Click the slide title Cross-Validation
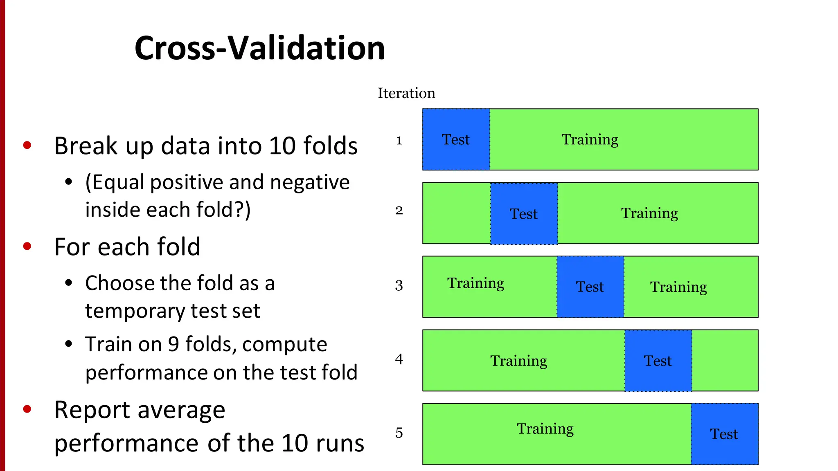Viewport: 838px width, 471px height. (x=259, y=48)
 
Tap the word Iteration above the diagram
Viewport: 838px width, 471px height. (x=406, y=93)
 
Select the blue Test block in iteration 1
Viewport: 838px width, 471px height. (x=456, y=139)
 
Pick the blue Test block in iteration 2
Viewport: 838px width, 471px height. (x=524, y=213)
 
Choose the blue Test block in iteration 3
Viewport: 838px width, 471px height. (x=590, y=287)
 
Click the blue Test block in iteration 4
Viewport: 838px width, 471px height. (x=658, y=361)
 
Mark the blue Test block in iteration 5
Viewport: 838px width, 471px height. (x=724, y=434)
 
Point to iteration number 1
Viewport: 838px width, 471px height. (x=399, y=141)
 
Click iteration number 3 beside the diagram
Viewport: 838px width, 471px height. (x=399, y=285)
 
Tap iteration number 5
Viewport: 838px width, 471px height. (x=399, y=433)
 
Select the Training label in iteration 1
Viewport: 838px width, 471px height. (x=590, y=140)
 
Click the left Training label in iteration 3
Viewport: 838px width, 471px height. (x=475, y=283)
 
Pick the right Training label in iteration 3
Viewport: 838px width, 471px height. (x=678, y=287)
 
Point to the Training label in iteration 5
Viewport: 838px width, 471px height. (x=545, y=429)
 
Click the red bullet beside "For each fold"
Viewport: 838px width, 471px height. (x=27, y=246)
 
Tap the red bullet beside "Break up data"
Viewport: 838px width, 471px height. (x=27, y=145)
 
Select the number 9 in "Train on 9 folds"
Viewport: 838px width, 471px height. (x=173, y=344)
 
